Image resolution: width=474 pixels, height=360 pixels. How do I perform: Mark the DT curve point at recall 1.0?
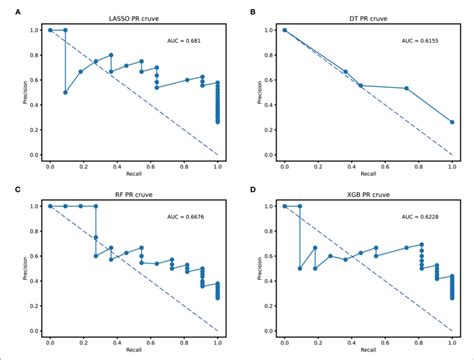click(452, 122)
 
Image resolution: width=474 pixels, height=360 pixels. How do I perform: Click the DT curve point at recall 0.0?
click(285, 30)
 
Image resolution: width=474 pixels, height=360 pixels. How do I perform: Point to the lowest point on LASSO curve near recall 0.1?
click(66, 92)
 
